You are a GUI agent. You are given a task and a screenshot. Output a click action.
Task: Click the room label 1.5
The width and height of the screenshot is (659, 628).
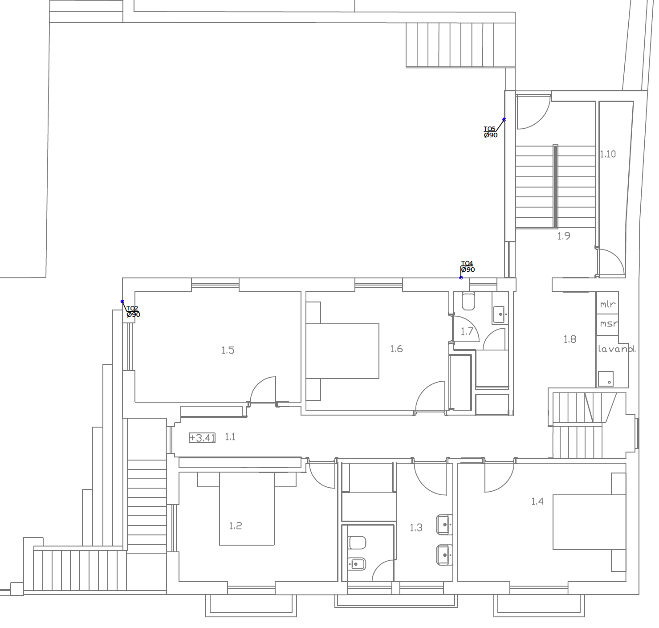pos(228,351)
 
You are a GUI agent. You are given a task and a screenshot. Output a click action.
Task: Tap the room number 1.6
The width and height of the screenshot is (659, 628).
pos(396,349)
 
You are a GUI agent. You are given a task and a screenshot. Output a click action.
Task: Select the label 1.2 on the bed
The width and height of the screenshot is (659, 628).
pos(235,526)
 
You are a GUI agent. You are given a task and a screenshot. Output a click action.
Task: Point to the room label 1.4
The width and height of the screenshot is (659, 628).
pos(537,501)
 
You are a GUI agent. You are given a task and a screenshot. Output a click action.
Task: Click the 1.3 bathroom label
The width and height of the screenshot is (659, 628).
pos(415,528)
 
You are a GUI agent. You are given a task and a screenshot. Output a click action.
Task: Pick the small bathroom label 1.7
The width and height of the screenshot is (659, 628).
pos(467,332)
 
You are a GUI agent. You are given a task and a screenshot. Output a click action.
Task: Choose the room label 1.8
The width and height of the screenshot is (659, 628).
pos(570,339)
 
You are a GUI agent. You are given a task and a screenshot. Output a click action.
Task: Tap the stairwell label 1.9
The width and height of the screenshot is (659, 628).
pos(564,236)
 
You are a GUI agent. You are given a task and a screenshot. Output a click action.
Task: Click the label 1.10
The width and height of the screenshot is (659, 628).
pos(608,154)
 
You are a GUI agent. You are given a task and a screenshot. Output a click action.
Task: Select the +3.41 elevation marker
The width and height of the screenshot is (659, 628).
pos(202,438)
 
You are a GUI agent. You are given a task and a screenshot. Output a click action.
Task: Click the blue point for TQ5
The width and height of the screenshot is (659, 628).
pos(504,119)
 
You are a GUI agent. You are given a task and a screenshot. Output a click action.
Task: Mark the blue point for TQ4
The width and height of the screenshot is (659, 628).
pos(461,277)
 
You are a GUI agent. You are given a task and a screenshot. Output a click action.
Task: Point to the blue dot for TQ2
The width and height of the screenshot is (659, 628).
pos(122,302)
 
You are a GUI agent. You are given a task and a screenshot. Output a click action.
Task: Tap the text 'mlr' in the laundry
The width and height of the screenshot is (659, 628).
pos(608,305)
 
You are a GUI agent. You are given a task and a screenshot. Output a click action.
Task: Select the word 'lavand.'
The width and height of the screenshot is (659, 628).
pos(617,349)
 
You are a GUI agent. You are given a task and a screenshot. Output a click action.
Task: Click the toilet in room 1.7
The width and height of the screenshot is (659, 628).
pos(468,302)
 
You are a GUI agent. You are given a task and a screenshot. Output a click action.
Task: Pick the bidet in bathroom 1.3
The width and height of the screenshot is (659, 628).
pos(357,565)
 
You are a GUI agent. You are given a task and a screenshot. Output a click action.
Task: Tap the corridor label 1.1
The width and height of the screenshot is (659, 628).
pos(230,437)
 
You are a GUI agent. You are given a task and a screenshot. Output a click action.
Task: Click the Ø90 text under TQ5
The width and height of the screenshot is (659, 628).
pos(491,135)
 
